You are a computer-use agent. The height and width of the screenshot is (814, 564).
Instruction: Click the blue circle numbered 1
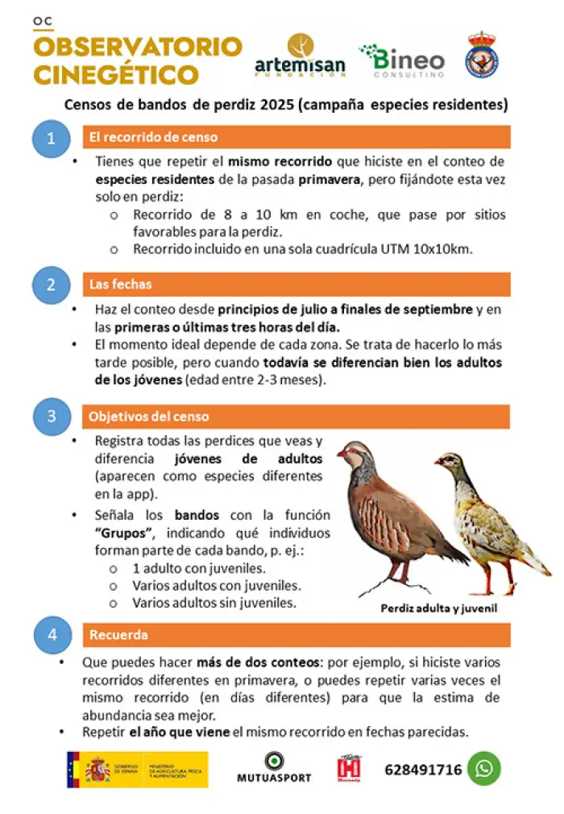coord(52,139)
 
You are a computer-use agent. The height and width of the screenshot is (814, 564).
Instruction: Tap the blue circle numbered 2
coord(52,284)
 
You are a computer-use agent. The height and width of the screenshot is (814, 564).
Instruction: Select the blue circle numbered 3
coord(52,417)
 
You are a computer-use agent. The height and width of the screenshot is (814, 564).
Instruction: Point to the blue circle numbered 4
coord(52,635)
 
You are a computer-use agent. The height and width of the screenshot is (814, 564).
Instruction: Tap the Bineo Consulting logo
coord(402,60)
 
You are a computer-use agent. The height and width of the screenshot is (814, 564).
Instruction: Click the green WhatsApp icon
coord(483,769)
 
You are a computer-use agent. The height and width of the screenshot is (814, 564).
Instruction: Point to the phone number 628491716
coord(423,770)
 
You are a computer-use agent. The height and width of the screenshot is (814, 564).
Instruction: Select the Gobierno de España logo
coord(137,769)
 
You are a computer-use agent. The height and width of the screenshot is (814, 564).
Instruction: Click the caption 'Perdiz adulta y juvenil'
coord(439,608)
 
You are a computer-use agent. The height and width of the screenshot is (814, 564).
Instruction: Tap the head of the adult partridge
coord(351,455)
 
